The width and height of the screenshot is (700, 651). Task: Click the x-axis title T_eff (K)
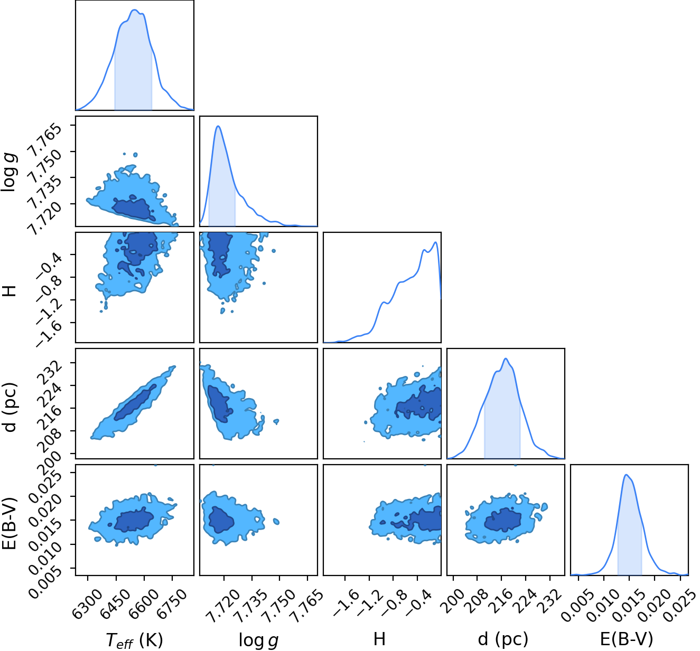pyautogui.click(x=134, y=639)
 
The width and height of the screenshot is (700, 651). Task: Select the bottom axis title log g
pyautogui.click(x=259, y=639)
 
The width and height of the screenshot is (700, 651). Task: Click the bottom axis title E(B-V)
pyautogui.click(x=627, y=639)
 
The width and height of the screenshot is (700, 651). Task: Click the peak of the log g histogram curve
pyautogui.click(x=218, y=126)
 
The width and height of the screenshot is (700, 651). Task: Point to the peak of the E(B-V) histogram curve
pyautogui.click(x=626, y=475)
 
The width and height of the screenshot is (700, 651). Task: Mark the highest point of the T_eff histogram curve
pyautogui.click(x=135, y=10)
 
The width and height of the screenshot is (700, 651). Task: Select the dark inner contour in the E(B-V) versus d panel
pyautogui.click(x=502, y=520)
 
